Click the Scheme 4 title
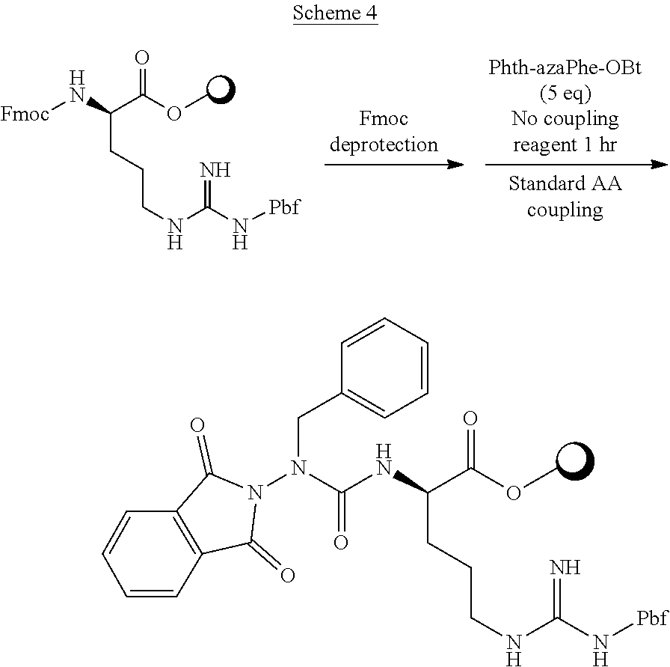(x=336, y=13)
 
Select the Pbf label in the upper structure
(x=284, y=207)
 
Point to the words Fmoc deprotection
(x=384, y=132)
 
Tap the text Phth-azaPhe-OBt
(x=565, y=70)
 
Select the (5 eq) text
(x=565, y=94)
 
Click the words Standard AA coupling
(x=565, y=196)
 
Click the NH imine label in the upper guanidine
(x=216, y=169)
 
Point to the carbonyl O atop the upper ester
(x=143, y=58)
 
